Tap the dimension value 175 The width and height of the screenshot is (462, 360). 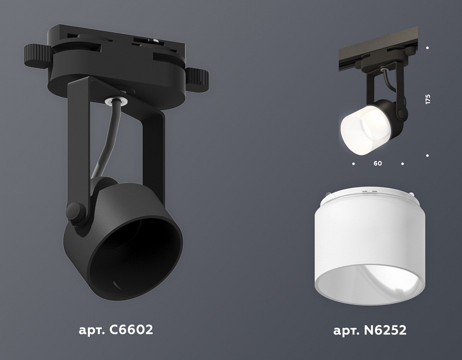coord(428,99)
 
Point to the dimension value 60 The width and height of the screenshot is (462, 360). coord(378,163)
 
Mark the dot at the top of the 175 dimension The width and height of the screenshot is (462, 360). coord(428,47)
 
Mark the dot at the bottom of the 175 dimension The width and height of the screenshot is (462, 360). coord(428,155)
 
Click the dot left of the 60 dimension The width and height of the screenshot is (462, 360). coord(353,163)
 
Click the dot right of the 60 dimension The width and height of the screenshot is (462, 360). coord(402,163)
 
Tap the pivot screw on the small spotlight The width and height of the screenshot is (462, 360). coord(400,107)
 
